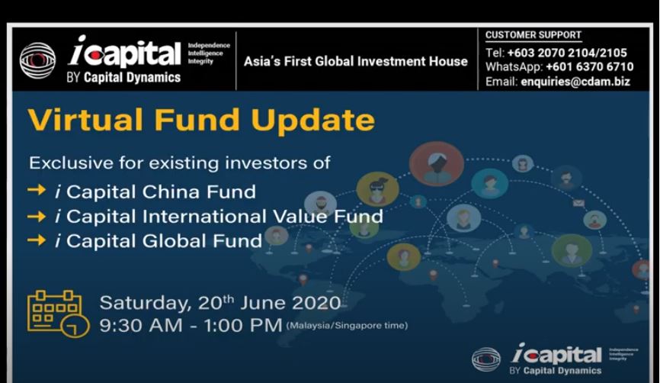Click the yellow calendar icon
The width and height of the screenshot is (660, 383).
tap(58, 314)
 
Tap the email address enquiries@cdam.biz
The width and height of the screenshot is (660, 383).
tap(575, 82)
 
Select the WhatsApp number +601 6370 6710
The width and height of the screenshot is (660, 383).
tap(589, 66)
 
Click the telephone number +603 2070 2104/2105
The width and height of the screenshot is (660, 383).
tap(567, 53)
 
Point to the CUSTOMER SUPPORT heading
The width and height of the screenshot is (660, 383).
tap(533, 35)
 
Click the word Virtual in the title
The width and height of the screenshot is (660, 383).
tap(85, 120)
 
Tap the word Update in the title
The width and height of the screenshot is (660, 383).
tap(312, 121)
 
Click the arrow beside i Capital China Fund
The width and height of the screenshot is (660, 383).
tap(37, 191)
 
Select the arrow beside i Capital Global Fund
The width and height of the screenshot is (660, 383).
tap(37, 240)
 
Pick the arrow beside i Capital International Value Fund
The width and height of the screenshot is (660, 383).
tap(37, 217)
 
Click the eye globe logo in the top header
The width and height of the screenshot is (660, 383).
tap(37, 60)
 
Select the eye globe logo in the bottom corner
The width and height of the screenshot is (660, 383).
tap(486, 359)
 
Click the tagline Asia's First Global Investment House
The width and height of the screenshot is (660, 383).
tap(356, 62)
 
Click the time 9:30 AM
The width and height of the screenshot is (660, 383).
tap(141, 325)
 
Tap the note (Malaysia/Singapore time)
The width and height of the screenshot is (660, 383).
tap(347, 326)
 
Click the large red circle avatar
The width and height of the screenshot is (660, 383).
tap(437, 164)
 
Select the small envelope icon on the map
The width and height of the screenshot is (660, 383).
tap(578, 203)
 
